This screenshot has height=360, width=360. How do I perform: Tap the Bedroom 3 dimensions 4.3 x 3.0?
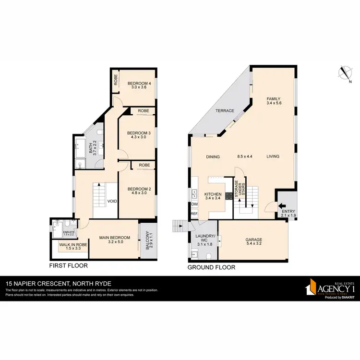(139, 137)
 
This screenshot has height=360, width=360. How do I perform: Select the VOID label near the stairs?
(113, 201)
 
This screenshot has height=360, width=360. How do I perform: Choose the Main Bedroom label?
(115, 237)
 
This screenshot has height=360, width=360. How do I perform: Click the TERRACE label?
(225, 111)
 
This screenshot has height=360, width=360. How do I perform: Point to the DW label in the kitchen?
(194, 204)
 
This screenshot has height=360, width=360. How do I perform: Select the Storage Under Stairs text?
(237, 183)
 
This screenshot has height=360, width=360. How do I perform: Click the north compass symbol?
(344, 73)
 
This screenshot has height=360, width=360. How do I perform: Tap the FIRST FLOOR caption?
(69, 265)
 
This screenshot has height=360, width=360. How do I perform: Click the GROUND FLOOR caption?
(211, 267)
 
